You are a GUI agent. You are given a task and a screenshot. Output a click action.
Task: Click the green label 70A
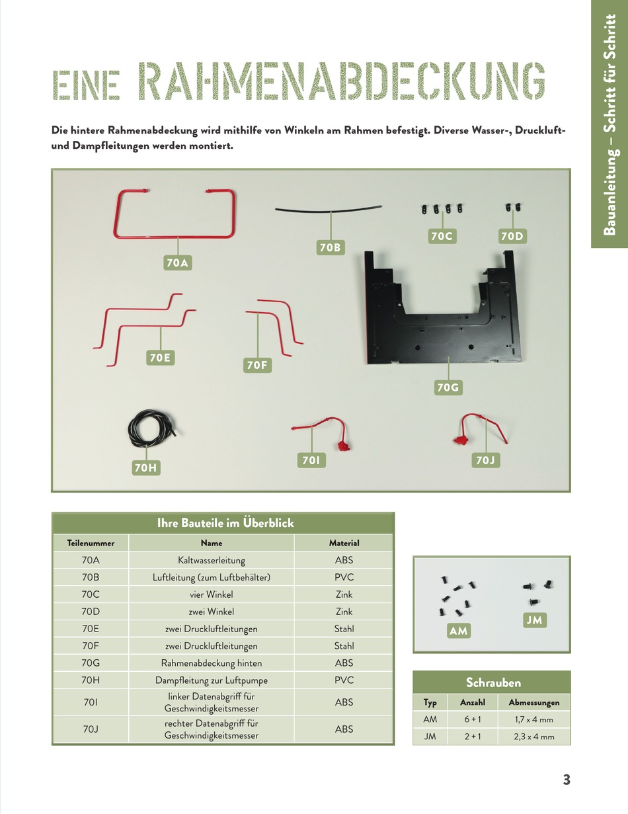point(177,263)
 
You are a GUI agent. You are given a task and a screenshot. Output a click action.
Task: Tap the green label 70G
point(448,387)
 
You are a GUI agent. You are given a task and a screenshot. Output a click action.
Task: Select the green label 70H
point(147,468)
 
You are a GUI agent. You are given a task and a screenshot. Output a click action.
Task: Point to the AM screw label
point(458,631)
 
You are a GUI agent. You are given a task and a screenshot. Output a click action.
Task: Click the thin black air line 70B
point(329,210)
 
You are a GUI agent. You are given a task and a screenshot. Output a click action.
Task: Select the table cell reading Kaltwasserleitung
point(212,560)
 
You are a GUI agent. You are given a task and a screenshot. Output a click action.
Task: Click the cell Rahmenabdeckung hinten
point(212,663)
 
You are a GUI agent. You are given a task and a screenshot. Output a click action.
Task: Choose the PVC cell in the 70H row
point(344,680)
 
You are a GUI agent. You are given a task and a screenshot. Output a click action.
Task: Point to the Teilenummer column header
point(91,543)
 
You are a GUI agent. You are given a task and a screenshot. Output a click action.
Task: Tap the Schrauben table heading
point(493,682)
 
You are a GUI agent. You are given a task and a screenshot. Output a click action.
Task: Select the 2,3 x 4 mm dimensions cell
point(533,736)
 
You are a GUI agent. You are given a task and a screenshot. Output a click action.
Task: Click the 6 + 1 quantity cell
point(472,719)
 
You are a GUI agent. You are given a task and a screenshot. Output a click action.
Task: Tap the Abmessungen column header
point(533,702)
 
